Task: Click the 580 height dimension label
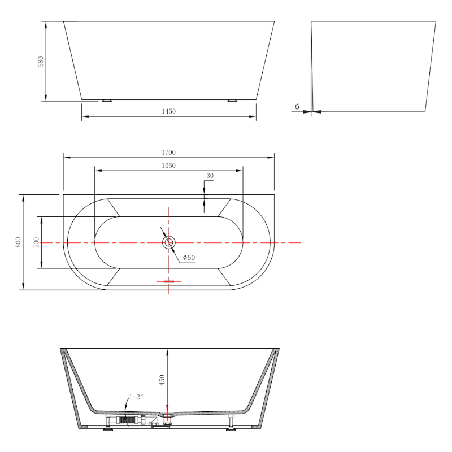point(41,62)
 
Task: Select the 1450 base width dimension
point(168,111)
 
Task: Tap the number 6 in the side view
point(297,107)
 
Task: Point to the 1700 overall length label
point(168,152)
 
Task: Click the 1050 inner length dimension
point(168,166)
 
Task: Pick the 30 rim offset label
point(210,176)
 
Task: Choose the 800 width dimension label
point(18,242)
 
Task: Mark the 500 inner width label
point(36,242)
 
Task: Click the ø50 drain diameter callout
point(189,258)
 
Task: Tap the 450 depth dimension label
point(162,380)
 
